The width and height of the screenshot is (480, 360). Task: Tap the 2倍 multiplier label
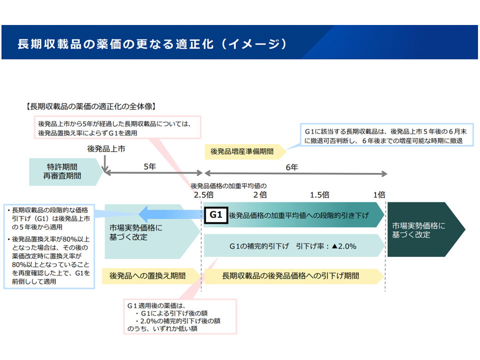pos(260,194)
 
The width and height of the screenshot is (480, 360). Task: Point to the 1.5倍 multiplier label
pos(319,194)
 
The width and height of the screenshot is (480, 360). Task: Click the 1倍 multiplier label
pos(378,194)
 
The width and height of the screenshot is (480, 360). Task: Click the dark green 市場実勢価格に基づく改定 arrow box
pos(422,230)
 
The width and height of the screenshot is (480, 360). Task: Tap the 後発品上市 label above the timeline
pos(104,148)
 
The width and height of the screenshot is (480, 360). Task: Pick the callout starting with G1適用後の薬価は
pos(180,317)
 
